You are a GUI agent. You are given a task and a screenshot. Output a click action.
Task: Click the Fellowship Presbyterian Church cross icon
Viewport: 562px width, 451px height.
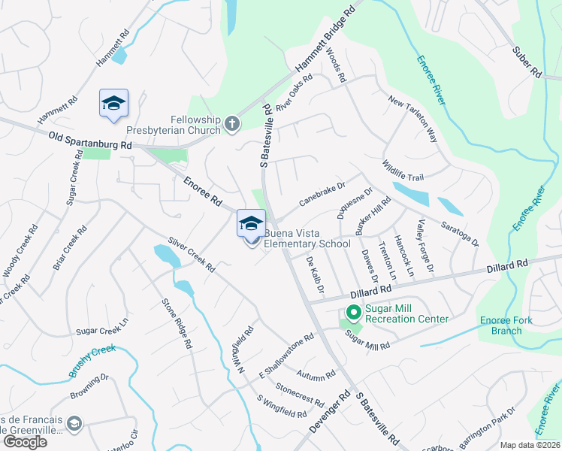point(233,123)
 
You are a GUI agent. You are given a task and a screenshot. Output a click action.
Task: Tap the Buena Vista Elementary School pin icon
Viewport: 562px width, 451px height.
point(251,224)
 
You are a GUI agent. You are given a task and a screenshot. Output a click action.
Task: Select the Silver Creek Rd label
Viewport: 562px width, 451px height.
point(192,256)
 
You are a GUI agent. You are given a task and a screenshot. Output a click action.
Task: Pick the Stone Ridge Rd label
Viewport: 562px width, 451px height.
point(175,323)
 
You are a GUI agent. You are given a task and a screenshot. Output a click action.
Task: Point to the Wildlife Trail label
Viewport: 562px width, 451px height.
point(403,171)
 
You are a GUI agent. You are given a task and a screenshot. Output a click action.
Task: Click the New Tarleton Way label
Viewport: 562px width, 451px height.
point(412,119)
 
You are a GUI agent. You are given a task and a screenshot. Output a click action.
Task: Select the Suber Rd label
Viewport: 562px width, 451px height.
point(526,62)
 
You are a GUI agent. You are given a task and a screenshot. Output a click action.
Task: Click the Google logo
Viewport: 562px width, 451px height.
point(25,442)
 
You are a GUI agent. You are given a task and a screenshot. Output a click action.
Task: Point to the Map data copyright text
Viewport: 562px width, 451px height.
point(530,445)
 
